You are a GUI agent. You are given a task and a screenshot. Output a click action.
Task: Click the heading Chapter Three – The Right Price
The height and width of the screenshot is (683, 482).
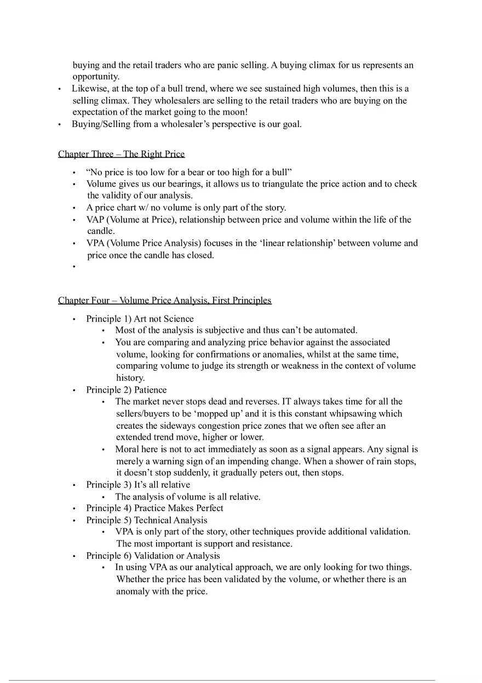click(121, 154)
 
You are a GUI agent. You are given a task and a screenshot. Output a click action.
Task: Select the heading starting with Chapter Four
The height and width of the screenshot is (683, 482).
click(164, 300)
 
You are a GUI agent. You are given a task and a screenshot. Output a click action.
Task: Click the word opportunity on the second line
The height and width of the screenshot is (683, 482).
click(96, 77)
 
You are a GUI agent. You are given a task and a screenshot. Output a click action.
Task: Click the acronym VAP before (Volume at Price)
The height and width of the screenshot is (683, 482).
click(95, 220)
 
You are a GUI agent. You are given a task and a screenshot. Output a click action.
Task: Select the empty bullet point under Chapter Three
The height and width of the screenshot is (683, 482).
click(73, 267)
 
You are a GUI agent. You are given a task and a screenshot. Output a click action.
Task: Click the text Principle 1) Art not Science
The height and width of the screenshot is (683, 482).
click(140, 319)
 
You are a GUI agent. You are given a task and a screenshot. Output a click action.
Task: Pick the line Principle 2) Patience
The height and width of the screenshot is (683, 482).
click(126, 390)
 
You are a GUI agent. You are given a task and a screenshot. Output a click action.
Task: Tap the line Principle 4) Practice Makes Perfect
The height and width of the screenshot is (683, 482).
click(154, 508)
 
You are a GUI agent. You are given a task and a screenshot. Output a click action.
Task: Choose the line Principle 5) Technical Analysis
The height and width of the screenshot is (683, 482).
click(146, 520)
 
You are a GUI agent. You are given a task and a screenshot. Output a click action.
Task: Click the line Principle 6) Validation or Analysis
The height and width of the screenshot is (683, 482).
click(153, 555)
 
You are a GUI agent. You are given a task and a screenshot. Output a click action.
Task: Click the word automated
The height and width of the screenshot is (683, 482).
click(335, 330)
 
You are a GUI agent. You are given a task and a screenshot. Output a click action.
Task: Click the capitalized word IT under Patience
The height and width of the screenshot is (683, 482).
click(286, 401)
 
